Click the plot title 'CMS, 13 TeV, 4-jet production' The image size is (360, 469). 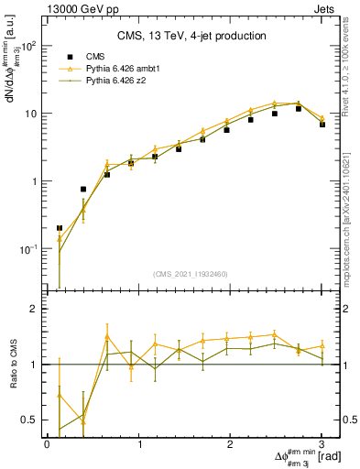tap(191, 36)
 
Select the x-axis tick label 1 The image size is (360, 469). tap(139, 444)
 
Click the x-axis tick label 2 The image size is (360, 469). tap(231, 444)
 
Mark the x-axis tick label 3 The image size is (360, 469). tap(322, 444)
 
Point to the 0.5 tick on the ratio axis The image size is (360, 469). tap(31, 420)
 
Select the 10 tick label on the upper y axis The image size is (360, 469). tap(30, 114)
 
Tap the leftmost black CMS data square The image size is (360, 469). tap(60, 228)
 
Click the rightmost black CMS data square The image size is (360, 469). tap(322, 124)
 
